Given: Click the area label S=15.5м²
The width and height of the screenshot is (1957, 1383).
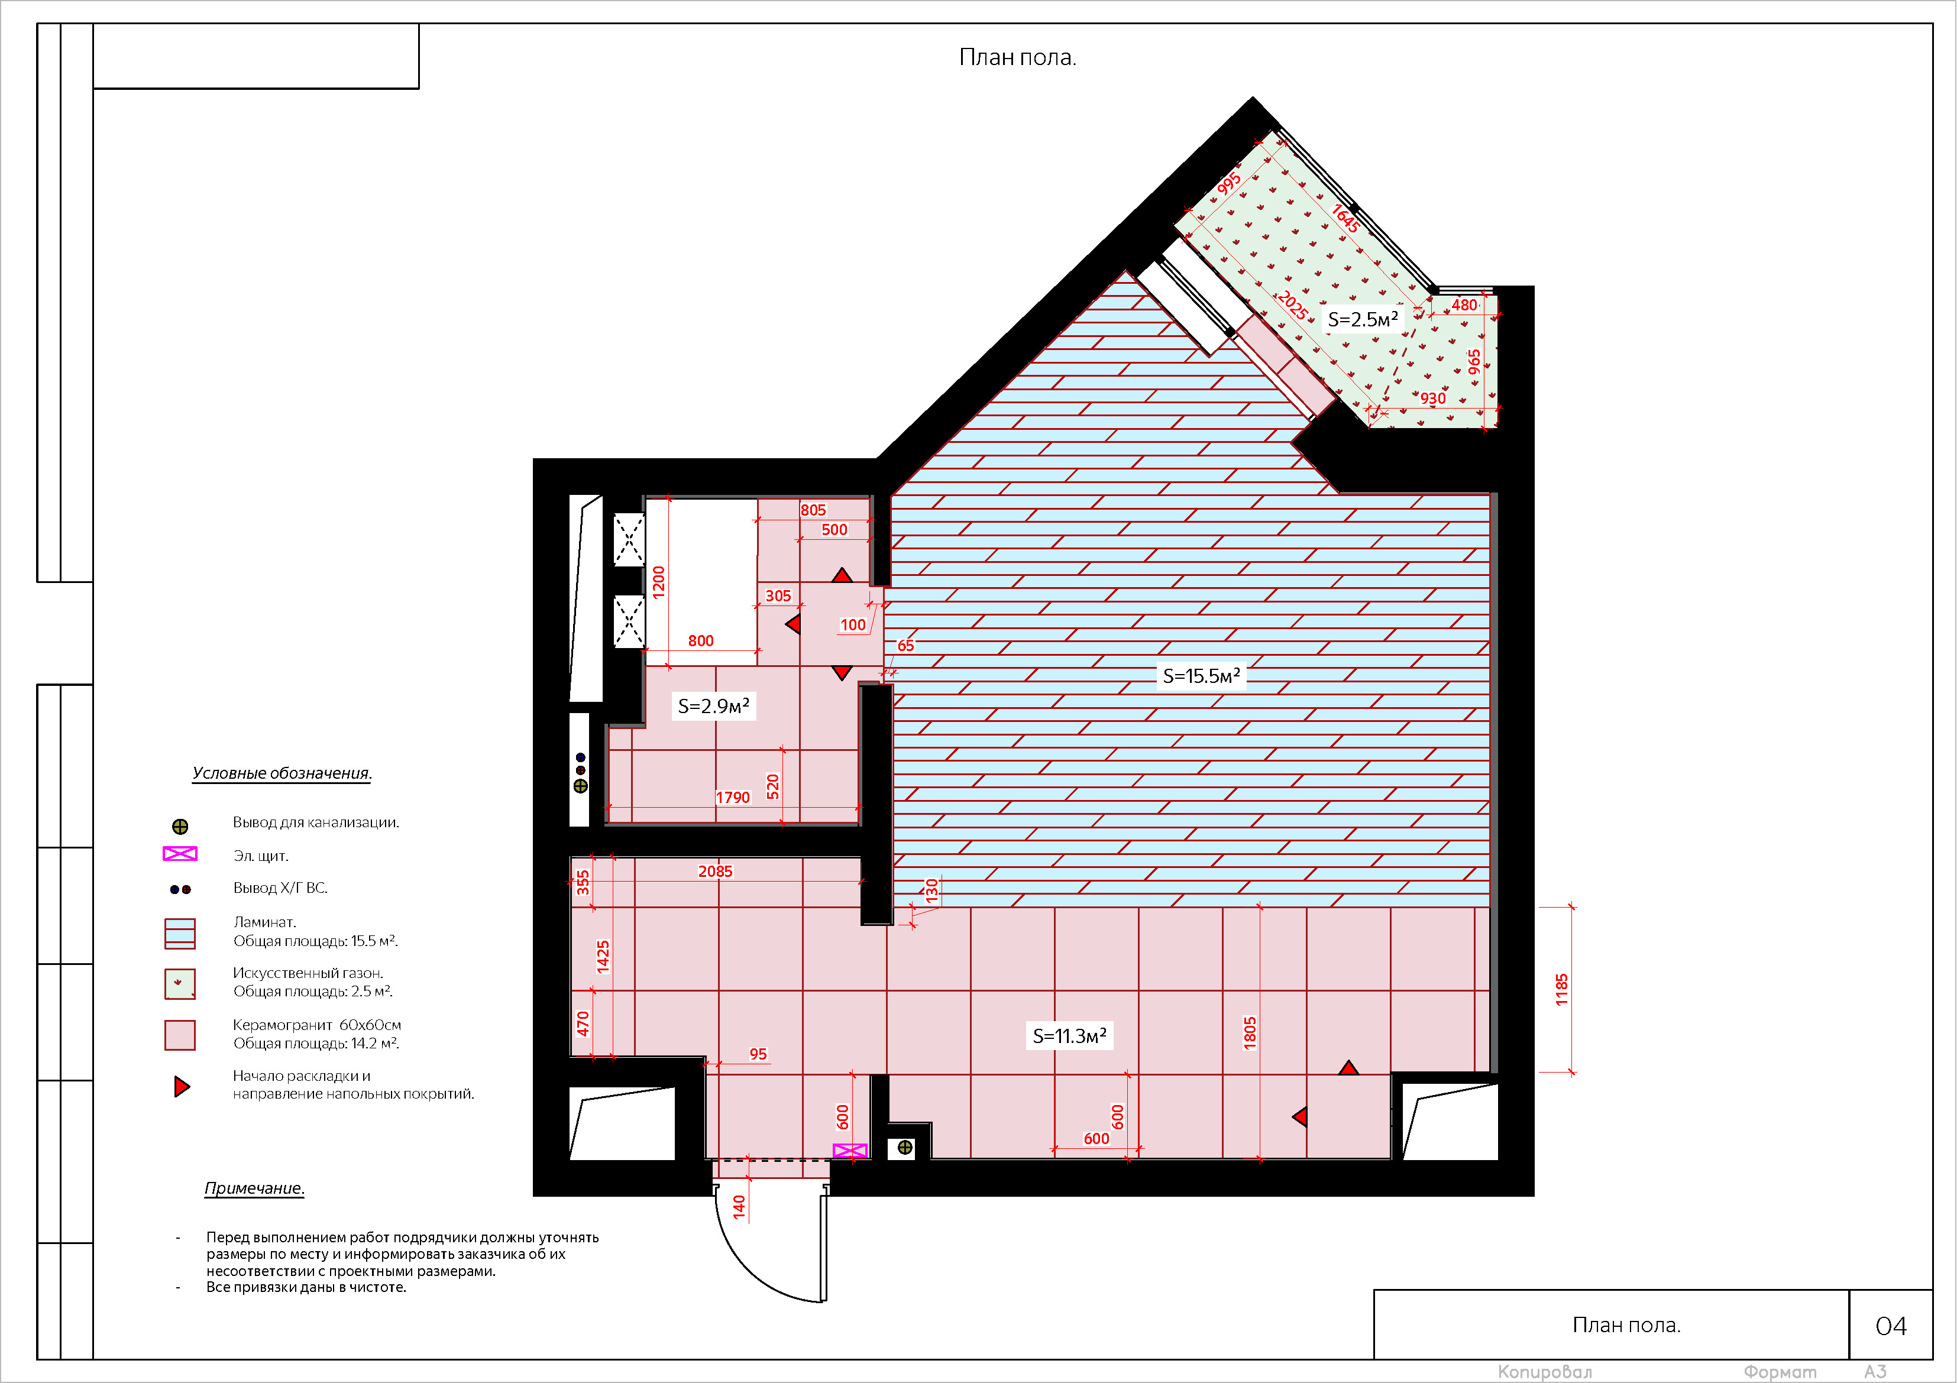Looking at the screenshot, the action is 1201,676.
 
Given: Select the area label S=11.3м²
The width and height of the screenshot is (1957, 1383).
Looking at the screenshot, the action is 1070,1035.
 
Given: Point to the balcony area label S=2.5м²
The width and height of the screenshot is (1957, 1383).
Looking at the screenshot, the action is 1363,319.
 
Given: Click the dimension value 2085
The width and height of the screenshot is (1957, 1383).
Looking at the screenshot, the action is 715,871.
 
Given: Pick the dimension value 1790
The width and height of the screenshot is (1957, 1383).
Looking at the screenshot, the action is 733,798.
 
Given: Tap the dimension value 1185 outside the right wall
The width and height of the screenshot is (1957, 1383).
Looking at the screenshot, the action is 1561,989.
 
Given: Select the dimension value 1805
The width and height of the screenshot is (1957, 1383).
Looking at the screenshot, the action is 1250,1033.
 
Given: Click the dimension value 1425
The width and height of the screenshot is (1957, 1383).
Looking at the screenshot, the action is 603,956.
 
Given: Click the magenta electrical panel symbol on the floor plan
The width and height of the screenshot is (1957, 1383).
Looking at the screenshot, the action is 850,1151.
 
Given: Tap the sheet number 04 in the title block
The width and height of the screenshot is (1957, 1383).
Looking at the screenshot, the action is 1891,1326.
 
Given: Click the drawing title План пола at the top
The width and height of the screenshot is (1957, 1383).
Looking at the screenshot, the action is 1018,57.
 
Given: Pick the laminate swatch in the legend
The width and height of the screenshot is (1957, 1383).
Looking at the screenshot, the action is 180,933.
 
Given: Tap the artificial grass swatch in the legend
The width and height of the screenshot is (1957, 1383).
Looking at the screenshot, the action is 180,983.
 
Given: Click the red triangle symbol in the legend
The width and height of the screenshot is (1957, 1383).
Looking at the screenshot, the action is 182,1086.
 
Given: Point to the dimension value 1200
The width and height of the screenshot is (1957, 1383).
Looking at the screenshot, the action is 658,582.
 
